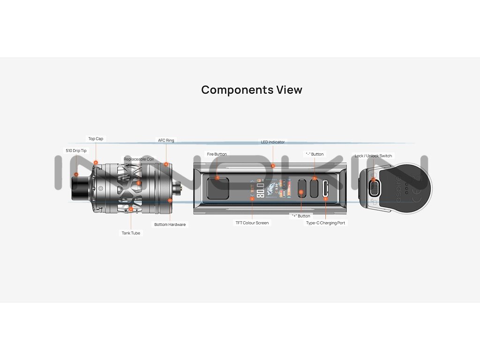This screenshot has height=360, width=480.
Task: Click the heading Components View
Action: point(252,90)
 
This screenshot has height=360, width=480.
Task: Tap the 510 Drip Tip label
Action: point(76,150)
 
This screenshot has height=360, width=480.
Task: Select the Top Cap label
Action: point(96,139)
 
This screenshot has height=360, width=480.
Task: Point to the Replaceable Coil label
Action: point(138,159)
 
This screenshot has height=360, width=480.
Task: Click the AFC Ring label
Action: point(165,140)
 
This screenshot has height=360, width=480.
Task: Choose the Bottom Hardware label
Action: point(170,225)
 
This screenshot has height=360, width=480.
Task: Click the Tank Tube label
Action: point(131,233)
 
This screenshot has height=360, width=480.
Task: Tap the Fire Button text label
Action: point(217,154)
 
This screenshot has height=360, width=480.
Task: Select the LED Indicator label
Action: point(273,142)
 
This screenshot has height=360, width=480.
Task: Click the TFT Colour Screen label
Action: point(252,223)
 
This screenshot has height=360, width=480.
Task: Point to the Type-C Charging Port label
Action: point(325,223)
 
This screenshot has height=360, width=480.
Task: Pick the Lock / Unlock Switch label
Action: point(373,156)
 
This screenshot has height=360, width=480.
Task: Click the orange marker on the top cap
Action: point(96,163)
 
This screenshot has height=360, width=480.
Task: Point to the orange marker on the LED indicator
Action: point(273,165)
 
